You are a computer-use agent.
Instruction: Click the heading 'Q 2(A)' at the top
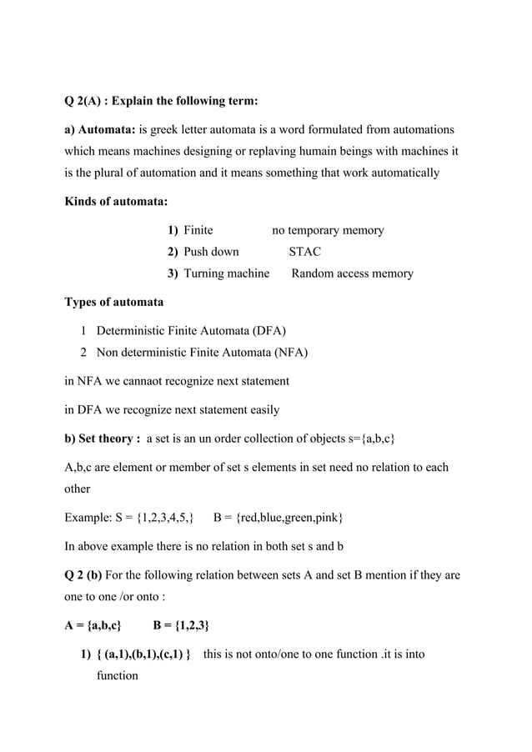[x=88, y=102]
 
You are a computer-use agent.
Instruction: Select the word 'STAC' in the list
[x=304, y=252]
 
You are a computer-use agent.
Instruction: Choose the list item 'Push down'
[x=211, y=252]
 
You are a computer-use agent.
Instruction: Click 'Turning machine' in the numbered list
[x=226, y=273]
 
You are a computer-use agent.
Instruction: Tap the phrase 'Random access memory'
[x=351, y=273]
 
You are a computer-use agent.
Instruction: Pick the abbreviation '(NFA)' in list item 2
[x=290, y=352]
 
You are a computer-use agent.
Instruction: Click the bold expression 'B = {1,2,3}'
[x=181, y=625]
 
